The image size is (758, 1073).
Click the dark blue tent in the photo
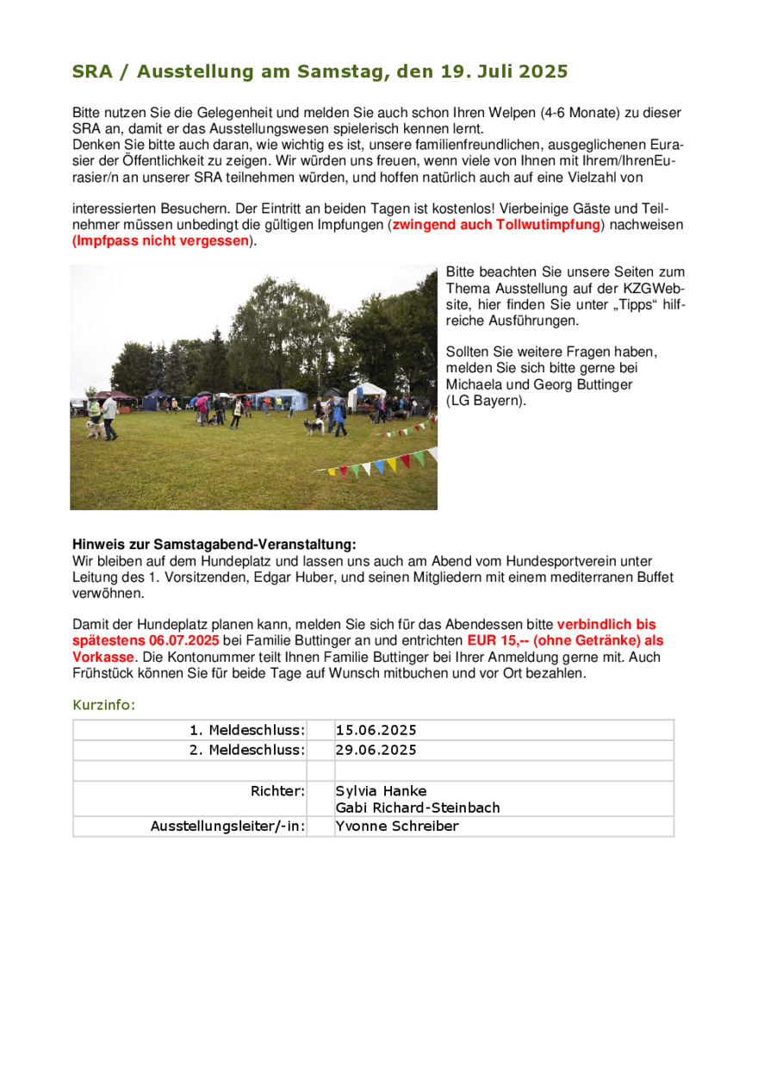(x=157, y=399)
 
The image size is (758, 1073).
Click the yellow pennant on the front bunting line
(x=392, y=465)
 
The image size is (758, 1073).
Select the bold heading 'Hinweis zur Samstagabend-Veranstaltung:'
(x=214, y=545)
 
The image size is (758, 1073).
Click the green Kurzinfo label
(x=103, y=705)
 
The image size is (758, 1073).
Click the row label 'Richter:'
(x=277, y=791)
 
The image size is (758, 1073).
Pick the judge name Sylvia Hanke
(x=381, y=791)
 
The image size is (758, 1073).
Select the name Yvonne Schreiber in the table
(x=397, y=827)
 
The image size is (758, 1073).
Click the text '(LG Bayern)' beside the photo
(x=486, y=402)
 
